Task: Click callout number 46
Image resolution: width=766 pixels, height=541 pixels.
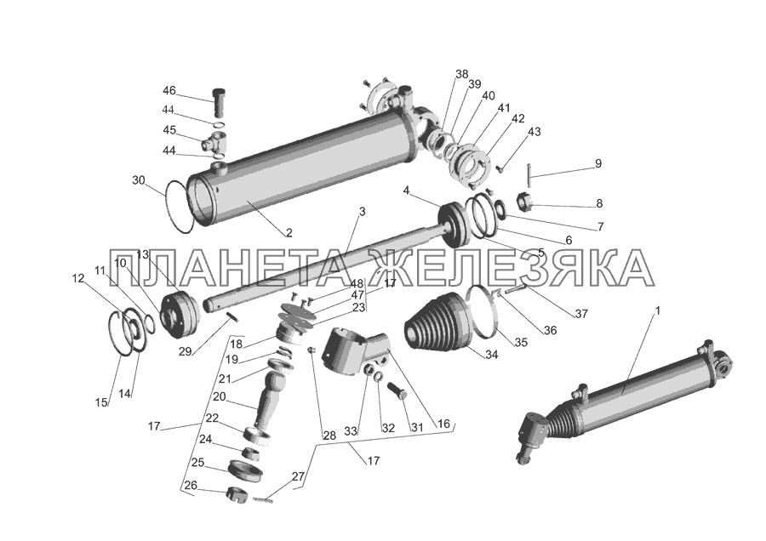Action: coord(169,91)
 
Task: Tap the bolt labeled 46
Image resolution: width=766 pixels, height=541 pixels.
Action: coord(219,103)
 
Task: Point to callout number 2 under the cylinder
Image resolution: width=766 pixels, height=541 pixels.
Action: coord(289,233)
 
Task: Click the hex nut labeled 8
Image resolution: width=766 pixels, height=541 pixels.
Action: coord(524,202)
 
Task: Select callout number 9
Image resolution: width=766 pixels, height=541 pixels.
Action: coord(598,163)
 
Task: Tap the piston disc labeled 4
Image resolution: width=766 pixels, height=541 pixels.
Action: coord(455,225)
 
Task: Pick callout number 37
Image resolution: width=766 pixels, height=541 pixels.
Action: coord(581,314)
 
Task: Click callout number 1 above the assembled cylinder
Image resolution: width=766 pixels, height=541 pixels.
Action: coord(657,310)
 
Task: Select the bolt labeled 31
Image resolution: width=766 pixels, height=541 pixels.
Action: coord(397,390)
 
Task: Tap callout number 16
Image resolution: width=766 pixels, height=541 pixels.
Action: coord(443,424)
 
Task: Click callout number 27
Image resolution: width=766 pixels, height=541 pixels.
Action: coord(298,476)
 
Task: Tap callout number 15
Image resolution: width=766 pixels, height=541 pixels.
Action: coord(101,403)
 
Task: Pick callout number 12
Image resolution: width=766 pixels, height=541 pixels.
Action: coord(77,278)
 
